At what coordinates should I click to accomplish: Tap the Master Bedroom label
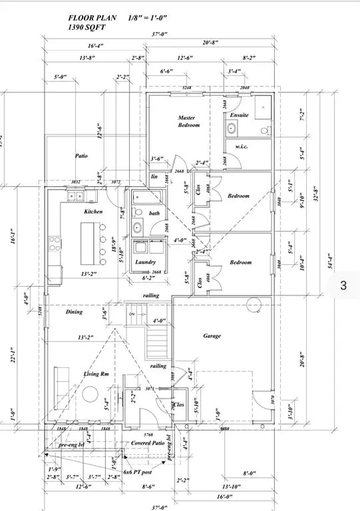pos(188,121)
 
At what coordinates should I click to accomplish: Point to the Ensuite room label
pos(239,115)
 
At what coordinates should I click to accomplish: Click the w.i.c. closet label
pos(242,146)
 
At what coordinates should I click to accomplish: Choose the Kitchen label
pos(93,211)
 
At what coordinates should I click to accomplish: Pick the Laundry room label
pos(145,262)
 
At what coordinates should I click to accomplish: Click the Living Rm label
pos(96,374)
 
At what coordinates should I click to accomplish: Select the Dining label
pos(74,311)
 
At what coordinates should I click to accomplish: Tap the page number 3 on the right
pos(343,285)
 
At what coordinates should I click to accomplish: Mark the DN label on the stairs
pos(132,315)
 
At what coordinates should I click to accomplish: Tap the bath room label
pos(154,213)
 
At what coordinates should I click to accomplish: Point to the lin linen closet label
pos(154,176)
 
